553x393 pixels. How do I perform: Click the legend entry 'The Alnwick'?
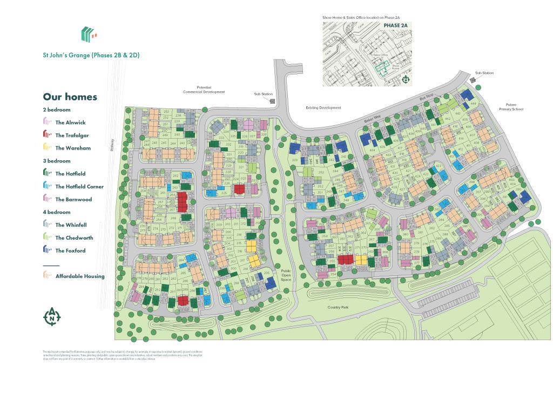coord(70,123)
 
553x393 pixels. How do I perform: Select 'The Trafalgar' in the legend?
coord(72,135)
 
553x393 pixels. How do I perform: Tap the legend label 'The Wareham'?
coord(72,148)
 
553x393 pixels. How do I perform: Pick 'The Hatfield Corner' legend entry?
coord(79,187)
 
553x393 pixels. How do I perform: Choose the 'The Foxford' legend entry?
coord(70,250)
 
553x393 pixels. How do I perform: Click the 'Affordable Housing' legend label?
coord(80,276)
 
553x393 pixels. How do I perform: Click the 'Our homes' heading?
coord(70,97)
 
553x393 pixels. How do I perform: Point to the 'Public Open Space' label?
coord(286,275)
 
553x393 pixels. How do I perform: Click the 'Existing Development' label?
coord(323,108)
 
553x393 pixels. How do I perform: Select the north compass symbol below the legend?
coord(52,317)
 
